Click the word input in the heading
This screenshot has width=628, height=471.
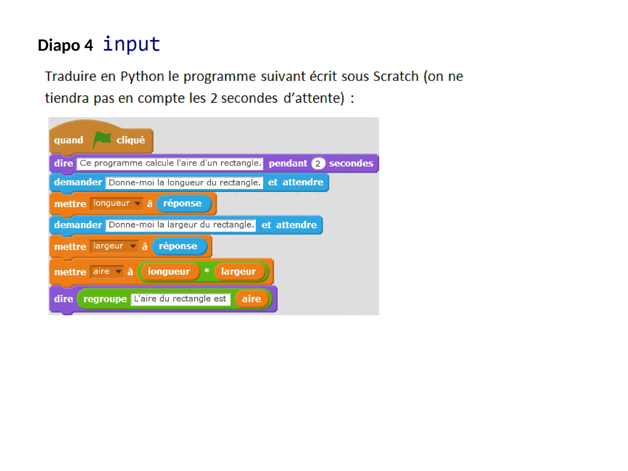tap(131, 44)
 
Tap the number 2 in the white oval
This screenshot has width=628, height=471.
tap(318, 163)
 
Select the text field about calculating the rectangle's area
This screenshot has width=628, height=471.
tap(170, 163)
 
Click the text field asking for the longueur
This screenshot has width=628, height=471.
tap(184, 182)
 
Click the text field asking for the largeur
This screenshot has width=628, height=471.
tap(181, 225)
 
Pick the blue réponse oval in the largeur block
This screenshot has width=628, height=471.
tap(179, 246)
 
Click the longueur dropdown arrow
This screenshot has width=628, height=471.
tap(138, 203)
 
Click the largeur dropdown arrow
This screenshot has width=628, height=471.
tap(133, 246)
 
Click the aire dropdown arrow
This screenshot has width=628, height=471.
tap(118, 272)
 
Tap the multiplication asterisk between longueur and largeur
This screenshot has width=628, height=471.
tap(207, 271)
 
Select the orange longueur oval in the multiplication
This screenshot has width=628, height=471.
tap(169, 271)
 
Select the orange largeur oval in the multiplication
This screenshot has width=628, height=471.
tap(239, 271)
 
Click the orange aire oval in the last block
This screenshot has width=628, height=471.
tap(251, 299)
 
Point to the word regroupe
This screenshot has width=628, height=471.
tap(105, 299)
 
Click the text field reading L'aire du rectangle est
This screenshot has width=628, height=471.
tap(180, 299)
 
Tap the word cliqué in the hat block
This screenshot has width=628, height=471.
tap(131, 140)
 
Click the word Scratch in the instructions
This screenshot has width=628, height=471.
tap(396, 76)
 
